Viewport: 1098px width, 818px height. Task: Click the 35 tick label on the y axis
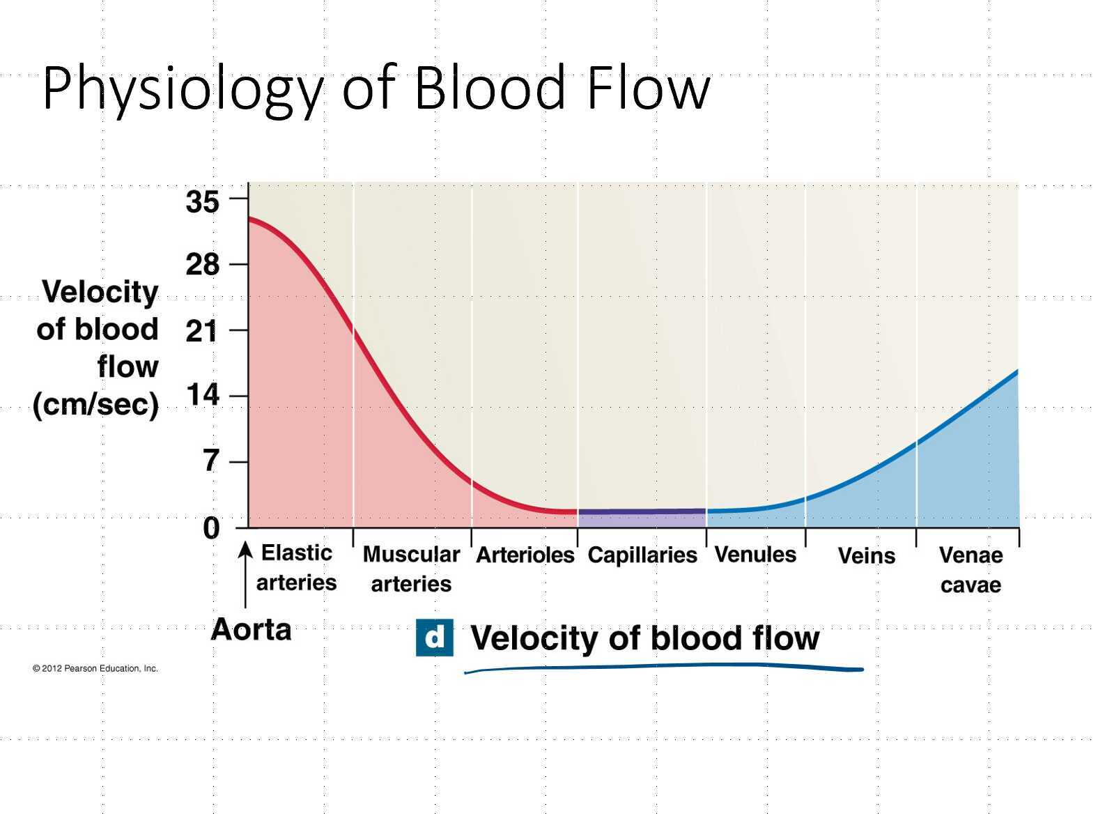coord(202,202)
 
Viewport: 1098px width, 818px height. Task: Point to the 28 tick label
coord(202,265)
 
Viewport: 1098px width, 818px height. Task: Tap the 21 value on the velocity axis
coord(202,331)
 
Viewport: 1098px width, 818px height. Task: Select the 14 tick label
coord(202,396)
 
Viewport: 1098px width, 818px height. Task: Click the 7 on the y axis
coord(211,461)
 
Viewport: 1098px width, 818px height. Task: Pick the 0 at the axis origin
coord(211,528)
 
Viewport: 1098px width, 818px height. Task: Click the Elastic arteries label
coord(296,568)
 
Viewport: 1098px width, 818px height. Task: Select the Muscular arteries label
coord(411,569)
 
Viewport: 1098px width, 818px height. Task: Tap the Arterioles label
coord(525,555)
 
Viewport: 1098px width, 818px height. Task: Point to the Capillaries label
coord(642,555)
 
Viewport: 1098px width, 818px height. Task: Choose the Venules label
coord(755,555)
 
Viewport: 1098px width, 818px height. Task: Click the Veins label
coord(866,556)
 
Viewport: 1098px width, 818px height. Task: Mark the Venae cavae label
coord(971,570)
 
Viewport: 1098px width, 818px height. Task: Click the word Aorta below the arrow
coord(251,630)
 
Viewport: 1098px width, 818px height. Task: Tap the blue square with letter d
coord(434,638)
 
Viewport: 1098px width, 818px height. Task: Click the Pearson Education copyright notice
coord(95,669)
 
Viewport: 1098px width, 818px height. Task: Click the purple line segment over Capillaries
coord(642,512)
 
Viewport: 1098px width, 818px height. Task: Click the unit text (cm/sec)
coord(96,405)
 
